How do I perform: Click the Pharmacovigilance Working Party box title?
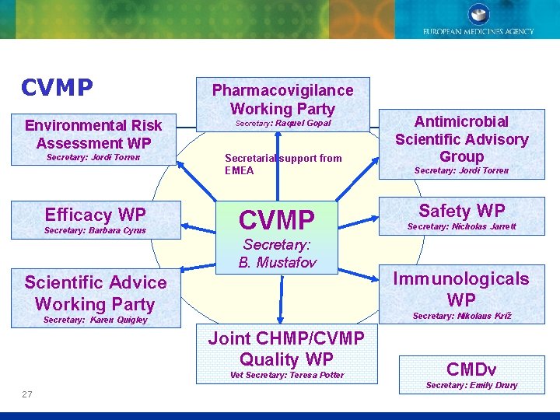click(x=282, y=100)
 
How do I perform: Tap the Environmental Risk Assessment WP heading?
click(x=93, y=134)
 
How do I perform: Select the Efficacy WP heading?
click(x=95, y=215)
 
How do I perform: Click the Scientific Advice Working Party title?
click(x=95, y=293)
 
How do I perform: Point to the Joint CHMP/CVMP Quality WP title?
click(x=286, y=348)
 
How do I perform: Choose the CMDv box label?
click(x=471, y=369)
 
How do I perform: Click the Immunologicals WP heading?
click(x=461, y=289)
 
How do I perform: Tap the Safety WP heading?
click(x=462, y=210)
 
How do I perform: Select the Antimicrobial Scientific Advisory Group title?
click(x=461, y=138)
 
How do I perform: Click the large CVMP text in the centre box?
click(x=277, y=219)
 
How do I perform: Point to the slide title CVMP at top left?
click(x=58, y=87)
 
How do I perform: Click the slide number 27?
click(x=27, y=394)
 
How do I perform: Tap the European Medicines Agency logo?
click(x=478, y=19)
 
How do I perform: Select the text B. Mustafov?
click(x=277, y=262)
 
